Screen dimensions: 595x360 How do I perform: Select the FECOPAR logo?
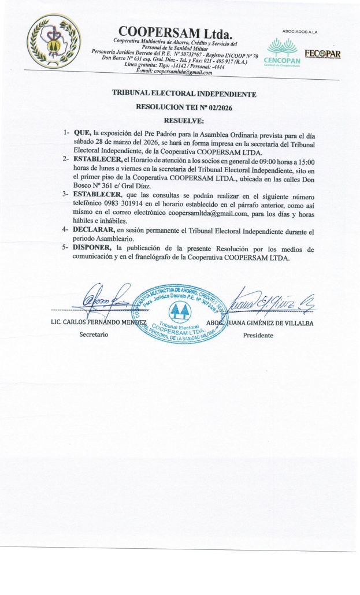pos(326,54)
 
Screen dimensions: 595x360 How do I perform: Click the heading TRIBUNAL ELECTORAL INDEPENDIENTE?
pos(184,94)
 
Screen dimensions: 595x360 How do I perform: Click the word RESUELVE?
pos(184,120)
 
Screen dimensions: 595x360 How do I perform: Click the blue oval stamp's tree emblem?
pos(182,312)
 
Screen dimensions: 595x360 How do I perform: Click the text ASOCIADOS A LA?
pos(300,31)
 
